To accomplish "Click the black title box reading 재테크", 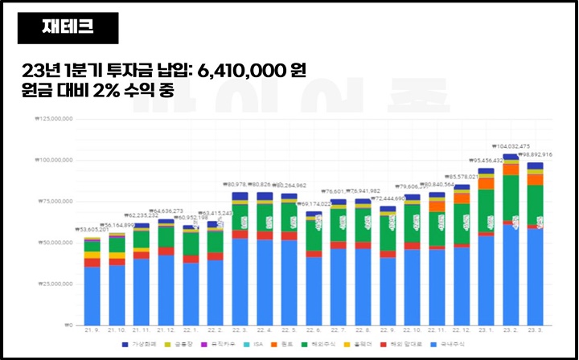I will coord(68,28).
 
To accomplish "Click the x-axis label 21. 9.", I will coord(92,330).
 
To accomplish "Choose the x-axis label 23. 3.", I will coord(535,330).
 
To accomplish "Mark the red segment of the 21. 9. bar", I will coord(92,263).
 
